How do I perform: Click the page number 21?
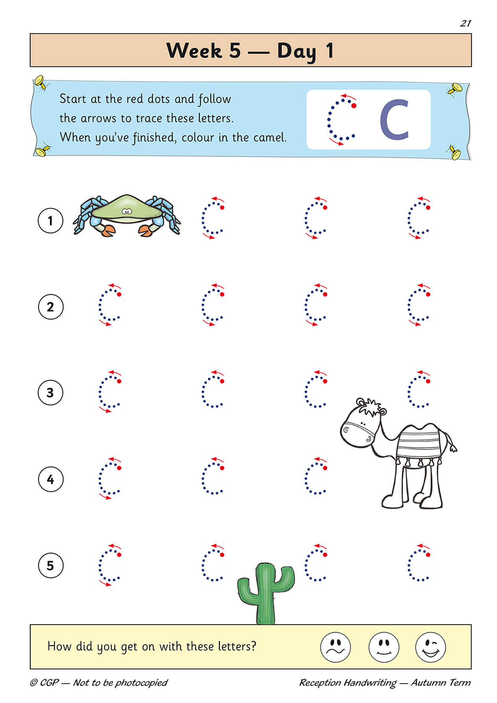click(465, 23)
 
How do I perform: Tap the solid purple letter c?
click(395, 120)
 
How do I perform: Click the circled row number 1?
click(50, 221)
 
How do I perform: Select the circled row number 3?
click(50, 393)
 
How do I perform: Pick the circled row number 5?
click(50, 566)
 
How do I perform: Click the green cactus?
click(266, 594)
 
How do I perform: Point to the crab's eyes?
click(126, 212)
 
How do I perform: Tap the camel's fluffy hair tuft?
click(370, 408)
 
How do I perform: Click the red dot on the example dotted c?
click(353, 105)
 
